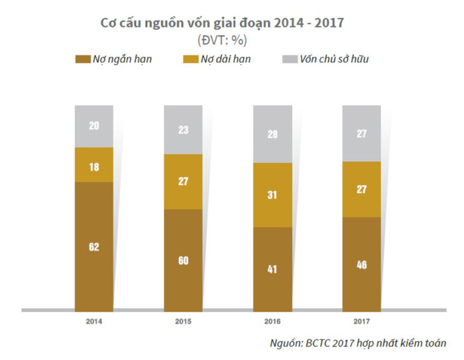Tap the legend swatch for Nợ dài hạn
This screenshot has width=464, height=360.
[187, 60]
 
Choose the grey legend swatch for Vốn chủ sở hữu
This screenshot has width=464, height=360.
[290, 60]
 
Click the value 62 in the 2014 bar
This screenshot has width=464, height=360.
[94, 247]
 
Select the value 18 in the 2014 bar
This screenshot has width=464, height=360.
[94, 167]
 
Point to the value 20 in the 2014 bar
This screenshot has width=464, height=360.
[94, 125]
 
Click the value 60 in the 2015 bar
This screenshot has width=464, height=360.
[183, 261]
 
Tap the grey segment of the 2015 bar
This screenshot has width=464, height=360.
[183, 130]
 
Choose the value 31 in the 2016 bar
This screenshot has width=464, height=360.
[272, 196]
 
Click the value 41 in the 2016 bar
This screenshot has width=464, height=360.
[272, 269]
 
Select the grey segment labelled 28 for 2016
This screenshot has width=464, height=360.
[272, 135]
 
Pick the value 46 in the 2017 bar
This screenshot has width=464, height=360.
[361, 264]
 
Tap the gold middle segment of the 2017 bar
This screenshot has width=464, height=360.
[361, 190]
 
